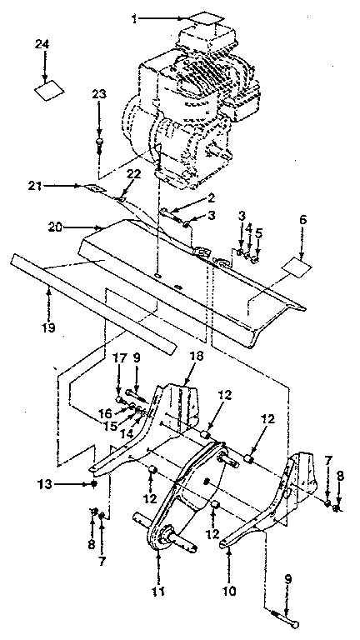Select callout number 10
229,574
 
